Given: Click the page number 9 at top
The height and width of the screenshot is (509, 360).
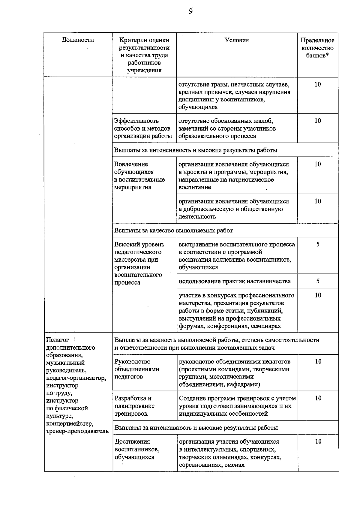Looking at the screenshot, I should click(x=191, y=11).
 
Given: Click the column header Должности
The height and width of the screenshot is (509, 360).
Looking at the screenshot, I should click(x=78, y=40).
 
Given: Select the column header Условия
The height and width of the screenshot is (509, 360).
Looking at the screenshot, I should click(x=237, y=40).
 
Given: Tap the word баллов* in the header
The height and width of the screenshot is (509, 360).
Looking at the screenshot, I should click(x=317, y=56).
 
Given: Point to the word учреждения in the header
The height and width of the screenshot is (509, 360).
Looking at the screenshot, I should click(x=144, y=71).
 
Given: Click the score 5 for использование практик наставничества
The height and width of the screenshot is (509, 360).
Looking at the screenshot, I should click(x=318, y=281).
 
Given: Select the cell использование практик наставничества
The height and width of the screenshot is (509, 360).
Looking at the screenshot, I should click(x=235, y=282).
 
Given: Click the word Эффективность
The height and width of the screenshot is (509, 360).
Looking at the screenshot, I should click(x=136, y=121).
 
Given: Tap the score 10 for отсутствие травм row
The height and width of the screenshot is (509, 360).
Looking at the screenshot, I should click(x=318, y=85).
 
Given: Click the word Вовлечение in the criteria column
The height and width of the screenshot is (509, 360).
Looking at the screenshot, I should click(x=131, y=164).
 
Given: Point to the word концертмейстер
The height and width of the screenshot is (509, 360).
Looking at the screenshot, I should click(x=70, y=424).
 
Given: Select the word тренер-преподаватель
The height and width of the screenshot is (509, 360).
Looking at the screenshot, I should click(x=77, y=431).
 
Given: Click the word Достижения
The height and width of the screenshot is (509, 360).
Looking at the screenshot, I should click(x=132, y=442).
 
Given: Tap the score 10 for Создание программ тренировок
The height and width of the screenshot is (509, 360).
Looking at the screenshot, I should click(x=318, y=398).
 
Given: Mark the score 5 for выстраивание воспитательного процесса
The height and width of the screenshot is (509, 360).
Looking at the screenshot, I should click(x=318, y=245).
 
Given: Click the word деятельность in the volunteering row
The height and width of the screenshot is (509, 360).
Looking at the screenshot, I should click(x=197, y=217).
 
